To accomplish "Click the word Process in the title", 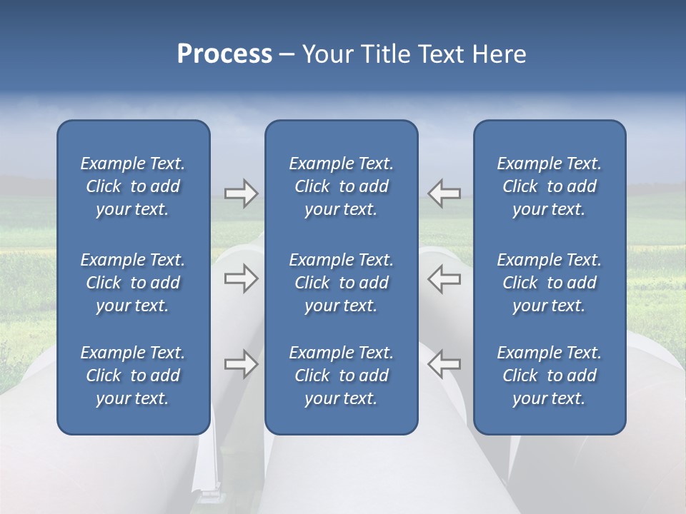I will pos(224,54).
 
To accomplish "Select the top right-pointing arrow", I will pos(241,193).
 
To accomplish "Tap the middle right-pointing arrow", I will pos(241,278).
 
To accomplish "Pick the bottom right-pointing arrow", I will pos(241,364).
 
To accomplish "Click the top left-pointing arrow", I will pos(444,193).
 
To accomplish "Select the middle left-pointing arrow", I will pos(444,278).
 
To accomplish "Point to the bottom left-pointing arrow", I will pos(444,364).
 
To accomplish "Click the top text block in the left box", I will pos(133,186).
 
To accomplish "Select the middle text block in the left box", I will pos(133,283).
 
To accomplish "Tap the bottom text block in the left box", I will pos(133,376).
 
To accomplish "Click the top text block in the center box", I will pos(341,186).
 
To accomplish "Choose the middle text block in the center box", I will pos(341,283).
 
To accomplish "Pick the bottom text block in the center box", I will pos(341,376).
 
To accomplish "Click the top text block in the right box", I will pos(549,186).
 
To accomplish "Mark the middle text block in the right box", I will pos(549,283).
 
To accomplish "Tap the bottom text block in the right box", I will pos(549,376).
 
